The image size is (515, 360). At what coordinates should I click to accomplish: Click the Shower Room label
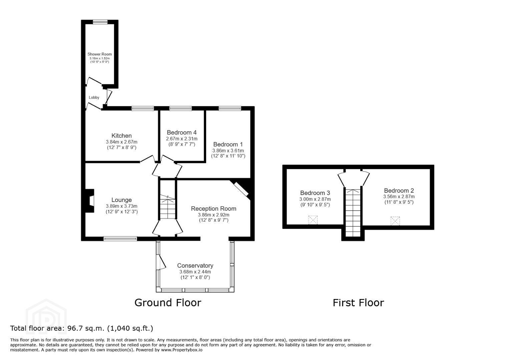[x=99, y=54]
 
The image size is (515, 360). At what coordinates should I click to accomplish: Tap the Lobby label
[x=94, y=97]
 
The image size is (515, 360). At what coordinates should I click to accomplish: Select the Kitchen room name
[x=122, y=136]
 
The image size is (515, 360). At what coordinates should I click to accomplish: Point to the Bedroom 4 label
[x=182, y=132]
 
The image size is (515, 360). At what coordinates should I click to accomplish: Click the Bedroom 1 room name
[x=228, y=144]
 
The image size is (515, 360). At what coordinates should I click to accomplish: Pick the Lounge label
[x=122, y=200]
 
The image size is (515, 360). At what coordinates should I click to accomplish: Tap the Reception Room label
[x=213, y=209]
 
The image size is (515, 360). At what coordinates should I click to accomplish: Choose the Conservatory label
[x=195, y=266]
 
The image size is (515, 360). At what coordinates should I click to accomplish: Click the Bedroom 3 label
[x=315, y=193]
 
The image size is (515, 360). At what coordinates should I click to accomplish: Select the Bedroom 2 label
[x=399, y=190]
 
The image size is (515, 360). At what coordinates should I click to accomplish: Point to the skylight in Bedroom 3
[x=313, y=220]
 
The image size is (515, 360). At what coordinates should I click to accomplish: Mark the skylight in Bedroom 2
[x=395, y=221]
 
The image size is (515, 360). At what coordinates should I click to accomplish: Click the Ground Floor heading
[x=168, y=303]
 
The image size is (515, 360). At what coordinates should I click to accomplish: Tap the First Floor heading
[x=359, y=303]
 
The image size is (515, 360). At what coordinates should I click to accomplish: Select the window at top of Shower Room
[x=100, y=22]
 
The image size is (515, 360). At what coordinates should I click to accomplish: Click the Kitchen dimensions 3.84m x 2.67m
[x=122, y=142]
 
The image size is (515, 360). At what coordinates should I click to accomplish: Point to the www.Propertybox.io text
[x=182, y=350]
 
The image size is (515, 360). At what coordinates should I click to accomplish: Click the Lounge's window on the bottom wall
[x=120, y=239]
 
